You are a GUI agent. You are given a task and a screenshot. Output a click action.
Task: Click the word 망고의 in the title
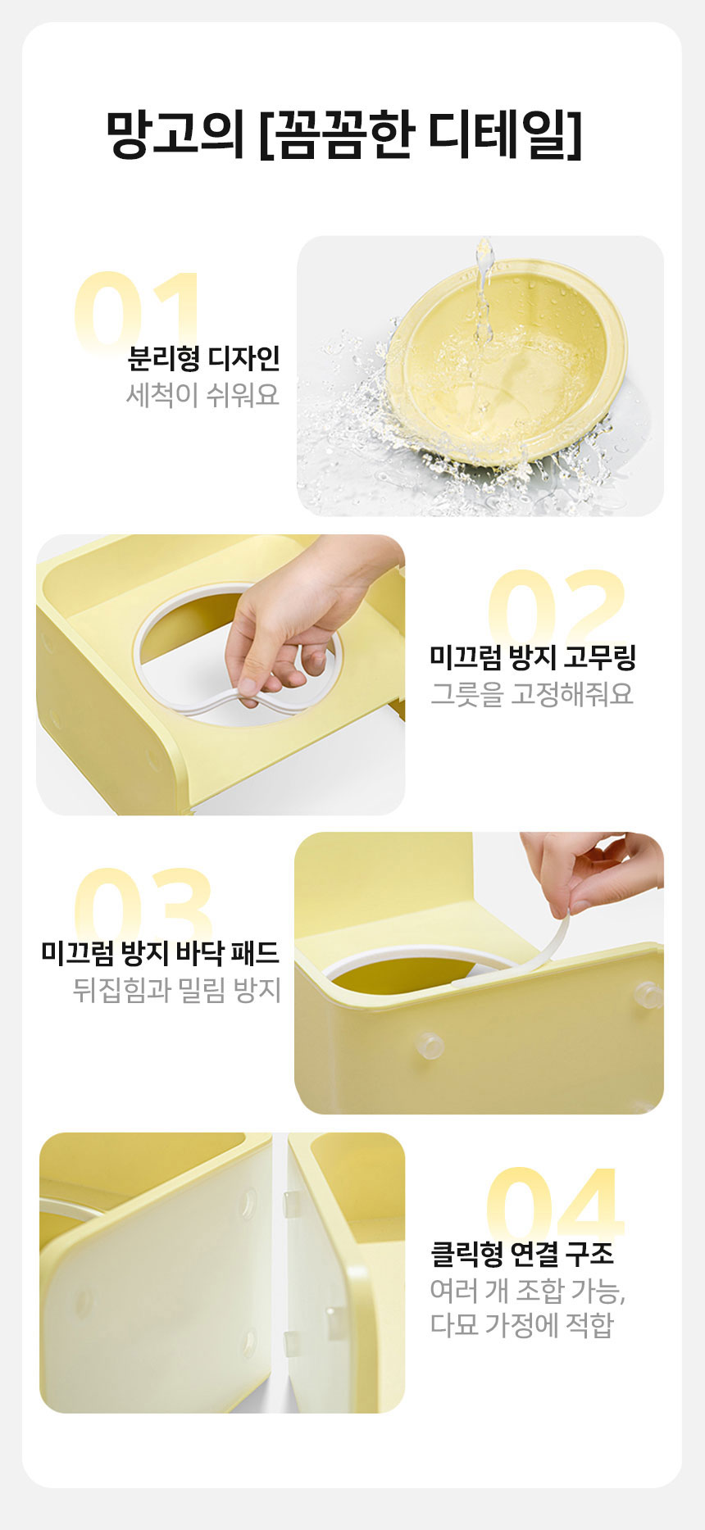pos(175,134)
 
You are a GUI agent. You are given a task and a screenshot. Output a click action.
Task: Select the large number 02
pos(557,606)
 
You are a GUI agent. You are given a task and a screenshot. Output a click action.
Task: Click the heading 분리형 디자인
pos(203,358)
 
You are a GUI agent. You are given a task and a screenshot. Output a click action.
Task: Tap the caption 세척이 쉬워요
pos(202,395)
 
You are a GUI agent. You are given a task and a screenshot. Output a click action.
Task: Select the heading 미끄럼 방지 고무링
pos(533,657)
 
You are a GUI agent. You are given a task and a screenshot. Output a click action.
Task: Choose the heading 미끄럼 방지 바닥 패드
pos(160,953)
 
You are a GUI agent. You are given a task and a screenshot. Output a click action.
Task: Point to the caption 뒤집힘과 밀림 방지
pos(176,990)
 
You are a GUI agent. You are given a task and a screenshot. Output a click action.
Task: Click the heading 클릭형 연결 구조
pos(521,1254)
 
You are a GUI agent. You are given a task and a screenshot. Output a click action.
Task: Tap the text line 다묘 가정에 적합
pos(521,1325)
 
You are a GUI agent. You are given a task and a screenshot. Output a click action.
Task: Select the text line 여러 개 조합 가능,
pos(527,1291)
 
